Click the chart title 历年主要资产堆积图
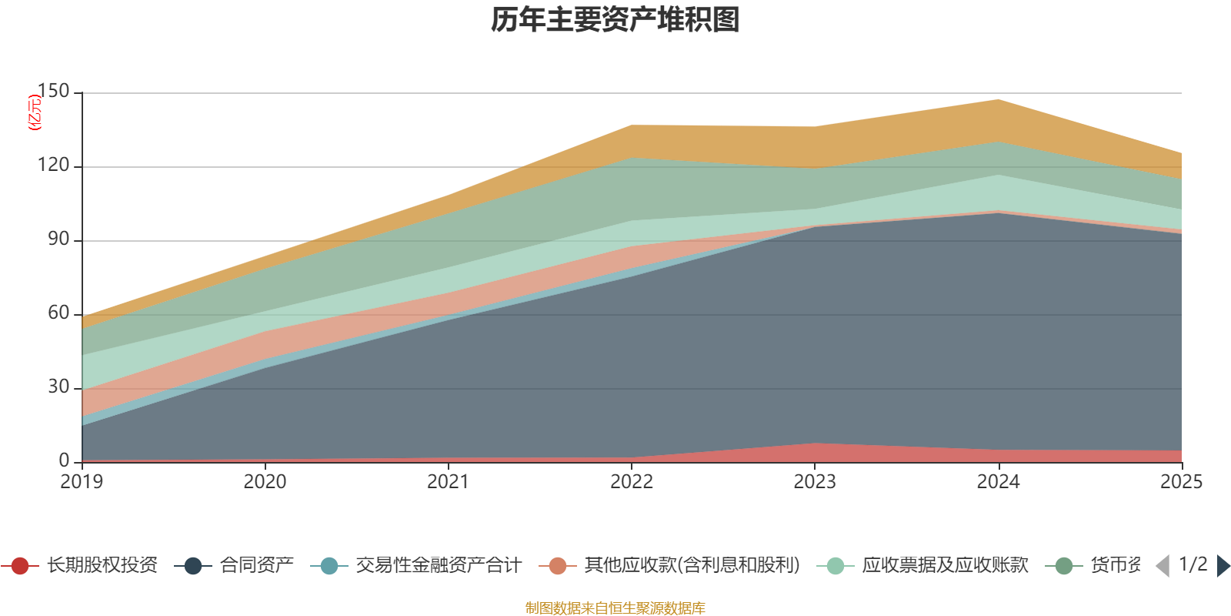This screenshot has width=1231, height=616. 615,20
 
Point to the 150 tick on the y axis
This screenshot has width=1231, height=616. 53,92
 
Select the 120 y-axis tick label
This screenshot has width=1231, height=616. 53,166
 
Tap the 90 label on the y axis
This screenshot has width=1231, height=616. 58,239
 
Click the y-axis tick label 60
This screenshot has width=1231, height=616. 58,313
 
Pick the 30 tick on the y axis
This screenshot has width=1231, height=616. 58,387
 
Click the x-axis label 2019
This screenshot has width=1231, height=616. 82,482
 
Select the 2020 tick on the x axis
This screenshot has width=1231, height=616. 265,482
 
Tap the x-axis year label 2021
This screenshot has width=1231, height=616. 448,482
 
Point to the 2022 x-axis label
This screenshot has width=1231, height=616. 631,482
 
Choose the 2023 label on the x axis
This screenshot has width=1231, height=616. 814,482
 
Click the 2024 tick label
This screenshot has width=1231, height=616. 998,482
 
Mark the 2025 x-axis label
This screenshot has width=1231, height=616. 1180,482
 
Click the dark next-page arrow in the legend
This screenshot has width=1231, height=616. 1223,566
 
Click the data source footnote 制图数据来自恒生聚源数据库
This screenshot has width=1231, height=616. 615,608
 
